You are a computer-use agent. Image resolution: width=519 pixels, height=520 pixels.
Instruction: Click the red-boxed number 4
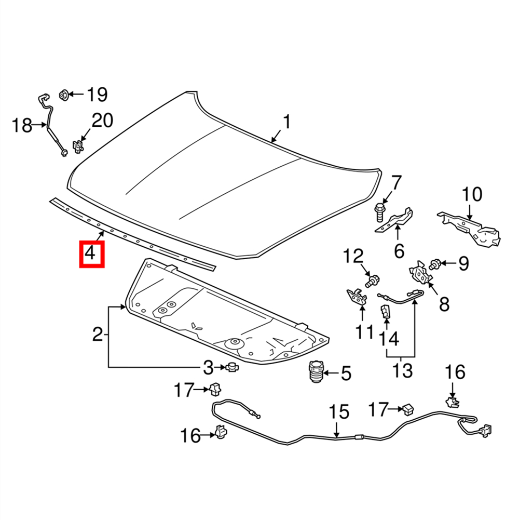coord(91,254)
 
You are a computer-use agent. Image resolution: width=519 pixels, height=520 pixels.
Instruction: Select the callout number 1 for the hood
coord(286,123)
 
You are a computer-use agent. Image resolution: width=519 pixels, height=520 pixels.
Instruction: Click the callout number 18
coord(22,125)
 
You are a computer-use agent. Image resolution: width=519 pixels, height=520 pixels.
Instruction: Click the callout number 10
coord(472,195)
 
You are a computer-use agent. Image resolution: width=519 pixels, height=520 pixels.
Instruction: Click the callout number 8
coord(444,303)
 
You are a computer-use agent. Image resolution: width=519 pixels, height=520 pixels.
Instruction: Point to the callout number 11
coord(364,330)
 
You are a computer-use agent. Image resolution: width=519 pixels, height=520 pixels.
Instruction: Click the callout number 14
coord(388,339)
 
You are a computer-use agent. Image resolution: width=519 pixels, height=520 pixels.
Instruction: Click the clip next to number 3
coord(231,367)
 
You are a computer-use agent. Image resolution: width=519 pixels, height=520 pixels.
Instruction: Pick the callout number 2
coord(98,335)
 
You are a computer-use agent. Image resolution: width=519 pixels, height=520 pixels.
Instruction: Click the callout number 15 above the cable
coord(339,413)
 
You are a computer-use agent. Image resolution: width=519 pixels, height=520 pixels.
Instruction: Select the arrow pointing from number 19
coord(77,95)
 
